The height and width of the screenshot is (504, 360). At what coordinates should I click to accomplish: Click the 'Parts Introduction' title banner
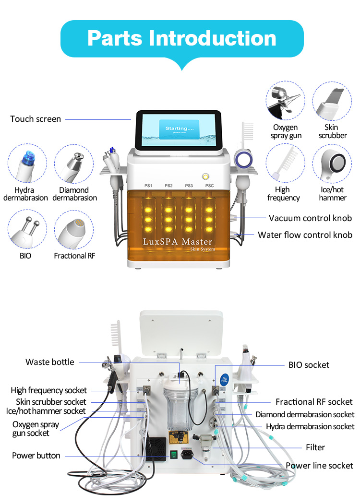181,38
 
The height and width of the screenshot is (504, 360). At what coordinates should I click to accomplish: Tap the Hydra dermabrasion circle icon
27,166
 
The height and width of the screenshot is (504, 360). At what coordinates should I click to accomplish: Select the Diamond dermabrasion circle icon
74,166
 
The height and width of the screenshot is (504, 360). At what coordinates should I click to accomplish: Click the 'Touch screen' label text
36,119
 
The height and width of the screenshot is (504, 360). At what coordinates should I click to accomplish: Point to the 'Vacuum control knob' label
310,218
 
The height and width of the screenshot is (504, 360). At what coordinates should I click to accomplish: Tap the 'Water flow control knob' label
305,235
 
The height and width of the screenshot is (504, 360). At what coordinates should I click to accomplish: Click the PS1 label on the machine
148,186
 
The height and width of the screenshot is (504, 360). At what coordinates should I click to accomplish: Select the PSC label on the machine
209,186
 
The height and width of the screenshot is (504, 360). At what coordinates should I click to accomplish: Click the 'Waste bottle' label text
50,362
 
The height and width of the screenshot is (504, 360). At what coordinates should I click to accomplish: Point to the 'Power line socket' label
319,465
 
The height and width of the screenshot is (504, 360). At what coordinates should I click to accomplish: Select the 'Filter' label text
315,447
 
